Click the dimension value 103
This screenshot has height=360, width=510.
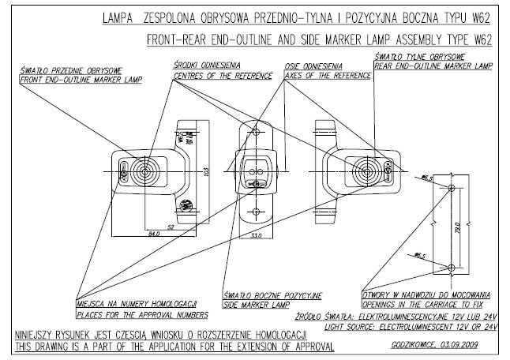[x=207, y=171]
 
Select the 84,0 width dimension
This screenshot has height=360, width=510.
[x=153, y=233]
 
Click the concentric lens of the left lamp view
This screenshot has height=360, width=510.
[x=144, y=171]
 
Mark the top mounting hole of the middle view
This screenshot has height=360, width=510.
[x=256, y=129]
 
